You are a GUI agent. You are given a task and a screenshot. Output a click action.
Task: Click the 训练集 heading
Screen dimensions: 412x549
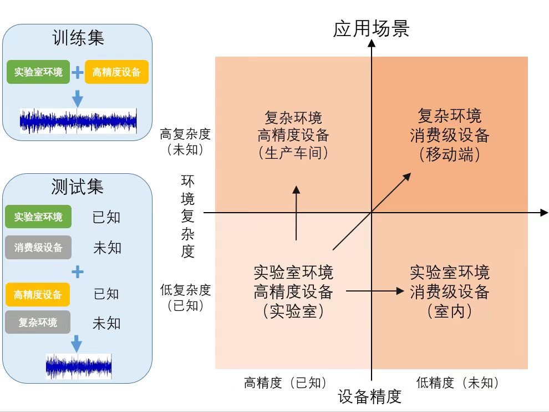pos(78,38)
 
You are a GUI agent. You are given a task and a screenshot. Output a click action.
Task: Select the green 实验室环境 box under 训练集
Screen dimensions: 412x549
pos(38,72)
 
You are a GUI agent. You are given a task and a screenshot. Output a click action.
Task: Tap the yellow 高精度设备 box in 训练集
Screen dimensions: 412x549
pos(116,72)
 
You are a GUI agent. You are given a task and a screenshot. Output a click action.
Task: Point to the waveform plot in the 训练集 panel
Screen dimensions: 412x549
pos(78,121)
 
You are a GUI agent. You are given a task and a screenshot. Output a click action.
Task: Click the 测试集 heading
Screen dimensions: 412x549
pos(77,187)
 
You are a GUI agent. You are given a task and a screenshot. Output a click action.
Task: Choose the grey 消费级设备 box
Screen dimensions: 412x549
pos(38,247)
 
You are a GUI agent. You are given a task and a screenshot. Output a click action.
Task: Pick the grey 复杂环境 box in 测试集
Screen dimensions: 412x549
pos(38,322)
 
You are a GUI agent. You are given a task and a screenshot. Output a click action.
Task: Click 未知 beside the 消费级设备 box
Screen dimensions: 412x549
pos(107,248)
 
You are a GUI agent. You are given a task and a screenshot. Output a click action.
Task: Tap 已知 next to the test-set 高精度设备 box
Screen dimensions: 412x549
pos(106,294)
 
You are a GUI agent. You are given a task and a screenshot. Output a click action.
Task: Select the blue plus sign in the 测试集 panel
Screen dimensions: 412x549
pos(78,272)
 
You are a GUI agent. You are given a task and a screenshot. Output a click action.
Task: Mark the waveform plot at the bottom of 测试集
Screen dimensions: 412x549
pos(78,366)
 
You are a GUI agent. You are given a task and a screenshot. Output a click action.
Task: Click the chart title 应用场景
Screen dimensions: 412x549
pos(371,29)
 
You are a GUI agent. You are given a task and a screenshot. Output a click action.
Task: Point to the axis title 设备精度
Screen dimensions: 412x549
pos(369,396)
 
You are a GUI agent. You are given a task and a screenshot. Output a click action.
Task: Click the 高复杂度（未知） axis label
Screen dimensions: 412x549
pos(185,142)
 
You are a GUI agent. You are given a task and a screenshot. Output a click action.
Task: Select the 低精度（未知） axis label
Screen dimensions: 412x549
pos(457,383)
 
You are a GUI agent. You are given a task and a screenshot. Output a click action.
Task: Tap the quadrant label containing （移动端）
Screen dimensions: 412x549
pos(449,135)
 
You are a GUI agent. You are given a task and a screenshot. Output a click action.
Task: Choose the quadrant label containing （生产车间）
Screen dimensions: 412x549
pos(293,135)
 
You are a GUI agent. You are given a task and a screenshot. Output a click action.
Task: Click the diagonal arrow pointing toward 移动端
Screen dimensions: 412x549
pos(372,211)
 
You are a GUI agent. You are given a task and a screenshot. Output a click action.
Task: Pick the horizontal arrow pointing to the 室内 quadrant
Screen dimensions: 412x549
pos(374,290)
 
